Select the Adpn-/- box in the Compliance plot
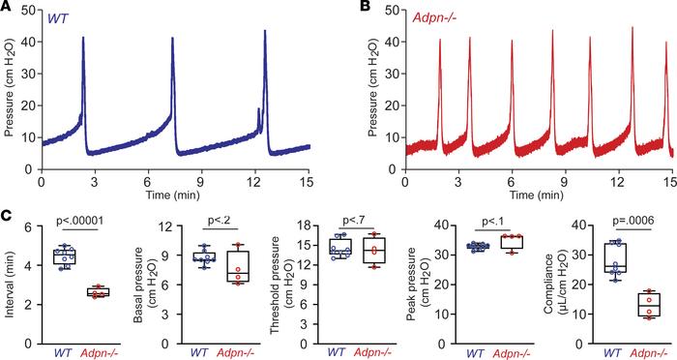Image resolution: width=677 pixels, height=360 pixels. tap(645, 304)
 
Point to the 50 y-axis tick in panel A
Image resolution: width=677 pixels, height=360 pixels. tap(28, 13)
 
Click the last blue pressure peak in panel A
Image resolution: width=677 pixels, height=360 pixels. tap(264, 33)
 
